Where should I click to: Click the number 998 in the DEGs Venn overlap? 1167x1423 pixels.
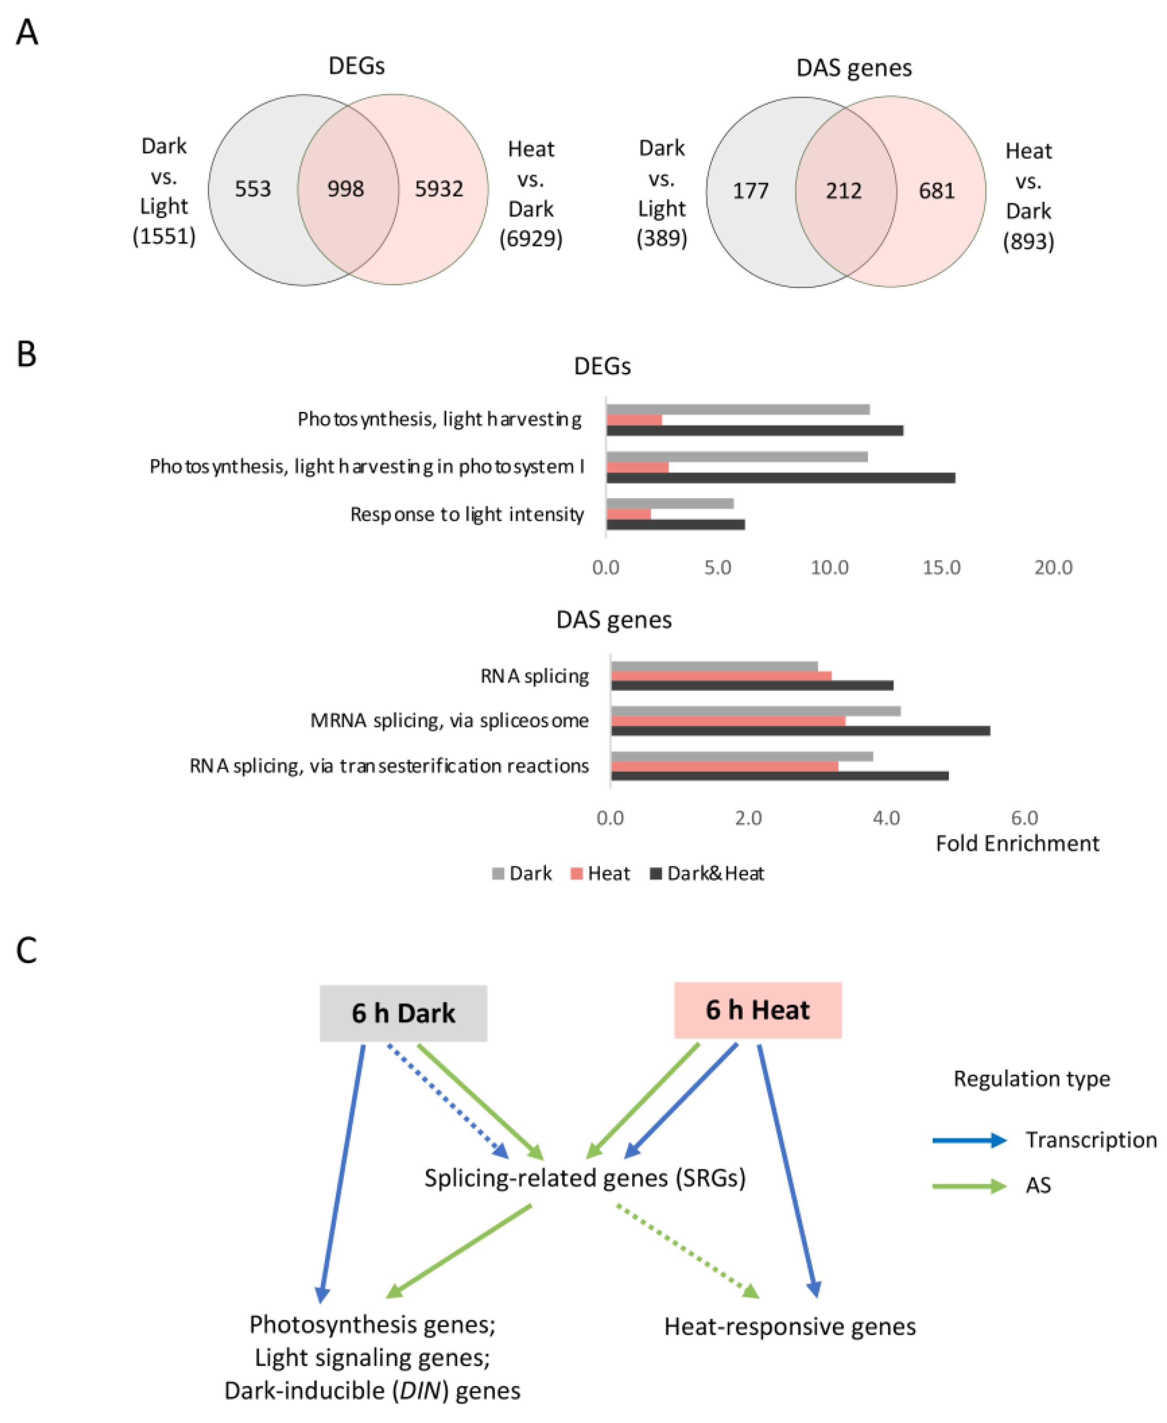coord(346,189)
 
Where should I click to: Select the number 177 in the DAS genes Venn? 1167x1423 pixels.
coord(750,191)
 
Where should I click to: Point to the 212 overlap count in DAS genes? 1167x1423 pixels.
coord(844,191)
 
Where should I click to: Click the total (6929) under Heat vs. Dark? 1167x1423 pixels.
coord(530,238)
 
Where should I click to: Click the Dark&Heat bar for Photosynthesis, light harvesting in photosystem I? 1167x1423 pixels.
coord(780,477)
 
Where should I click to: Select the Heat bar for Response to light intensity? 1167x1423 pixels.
coord(629,514)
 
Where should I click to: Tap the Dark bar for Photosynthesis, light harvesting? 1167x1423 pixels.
coord(737,409)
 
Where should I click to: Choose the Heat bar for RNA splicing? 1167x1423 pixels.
coord(721,676)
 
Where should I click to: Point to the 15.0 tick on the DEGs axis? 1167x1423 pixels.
coord(941,568)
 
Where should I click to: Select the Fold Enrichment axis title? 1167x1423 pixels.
coord(1017,843)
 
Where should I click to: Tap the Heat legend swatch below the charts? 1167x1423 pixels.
coord(576,873)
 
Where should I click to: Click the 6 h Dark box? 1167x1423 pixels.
coord(403,1013)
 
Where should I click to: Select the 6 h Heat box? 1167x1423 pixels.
coord(757,1011)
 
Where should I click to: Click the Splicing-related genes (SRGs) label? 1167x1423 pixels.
coord(585,1178)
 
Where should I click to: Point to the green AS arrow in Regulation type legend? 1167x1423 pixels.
coord(969,1186)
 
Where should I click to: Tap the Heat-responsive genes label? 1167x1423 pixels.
coord(790,1327)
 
